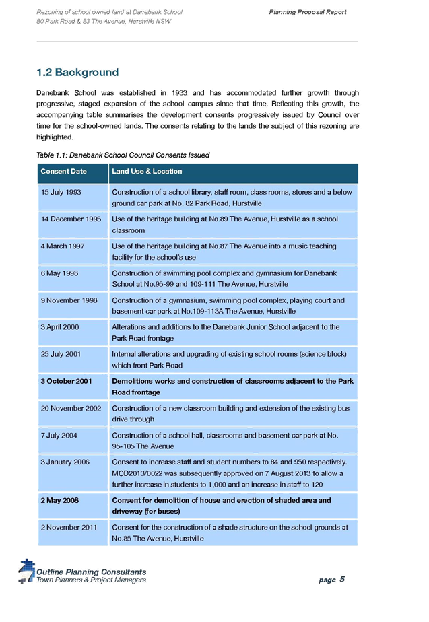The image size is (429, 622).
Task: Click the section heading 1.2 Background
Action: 77,72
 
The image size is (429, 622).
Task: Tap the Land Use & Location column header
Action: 147,172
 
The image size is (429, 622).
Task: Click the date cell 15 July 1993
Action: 61,193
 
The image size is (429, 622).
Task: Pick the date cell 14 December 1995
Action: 71,219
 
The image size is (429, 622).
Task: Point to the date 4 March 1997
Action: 63,246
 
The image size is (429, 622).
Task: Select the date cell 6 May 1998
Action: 60,273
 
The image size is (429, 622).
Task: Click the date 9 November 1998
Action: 69,300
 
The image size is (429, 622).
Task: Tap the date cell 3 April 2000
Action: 60,327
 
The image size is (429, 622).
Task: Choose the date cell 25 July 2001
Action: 61,354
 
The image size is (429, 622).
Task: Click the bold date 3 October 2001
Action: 67,382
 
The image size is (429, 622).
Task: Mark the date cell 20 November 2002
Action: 71,409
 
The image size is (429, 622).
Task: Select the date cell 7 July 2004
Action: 59,436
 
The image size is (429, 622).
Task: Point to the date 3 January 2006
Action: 65,462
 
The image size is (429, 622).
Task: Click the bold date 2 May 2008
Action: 61,501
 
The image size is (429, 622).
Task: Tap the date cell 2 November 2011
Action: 69,528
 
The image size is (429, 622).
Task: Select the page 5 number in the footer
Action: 331,579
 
